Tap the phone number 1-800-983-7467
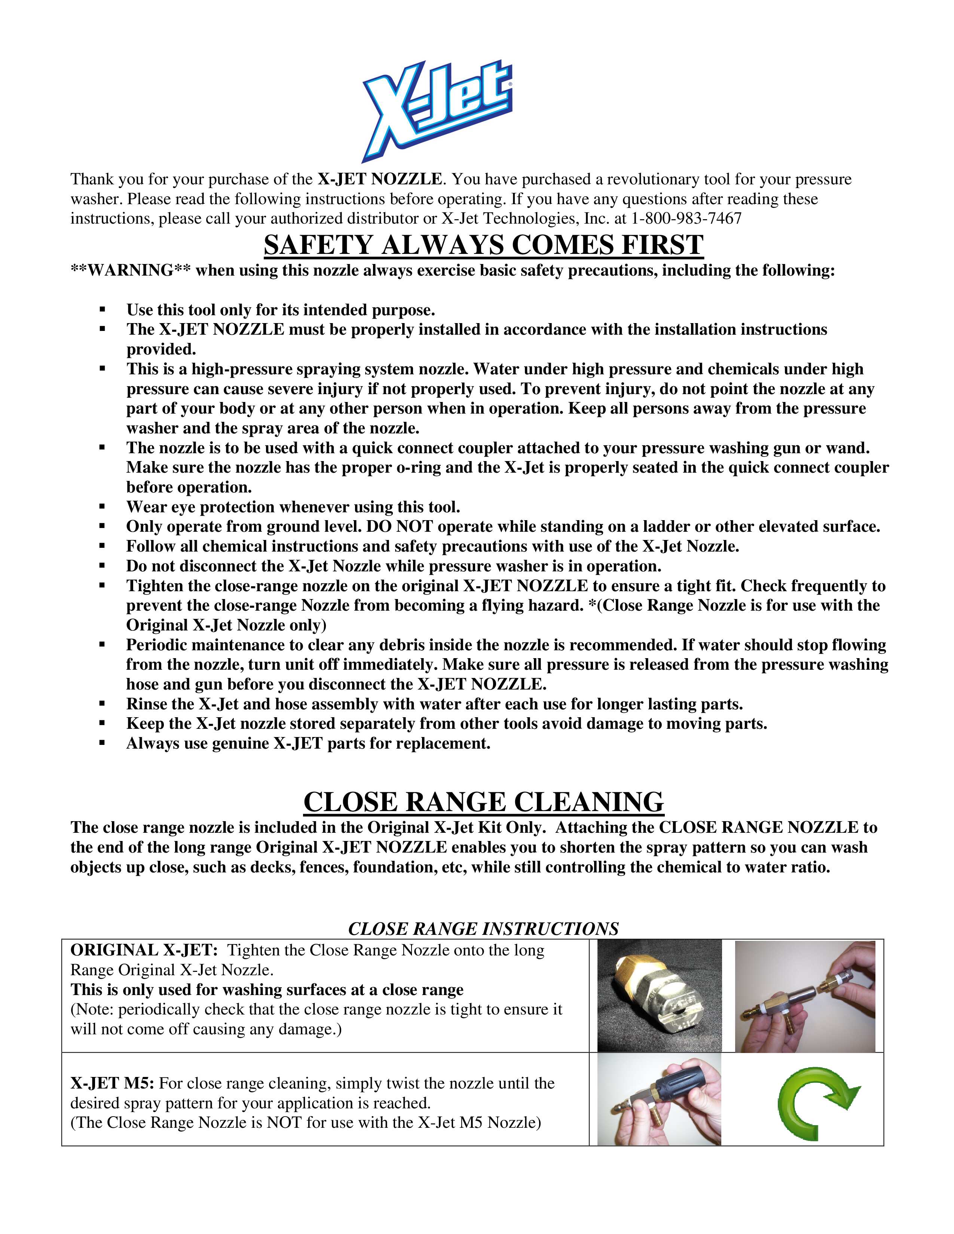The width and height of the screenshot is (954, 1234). point(686,219)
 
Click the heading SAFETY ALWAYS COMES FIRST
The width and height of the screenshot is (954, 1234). point(483,245)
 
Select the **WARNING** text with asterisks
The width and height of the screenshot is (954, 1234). point(130,271)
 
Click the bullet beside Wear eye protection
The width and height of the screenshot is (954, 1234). point(102,507)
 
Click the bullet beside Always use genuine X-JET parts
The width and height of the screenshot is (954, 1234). point(102,743)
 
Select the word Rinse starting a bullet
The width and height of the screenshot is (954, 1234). point(144,704)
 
